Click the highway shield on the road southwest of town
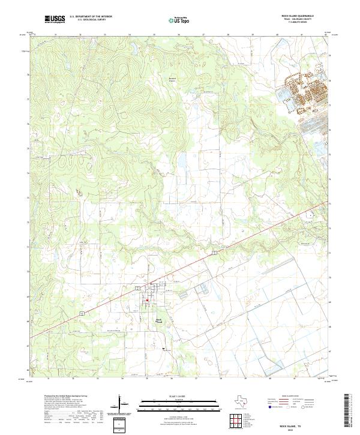(x=81, y=313)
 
